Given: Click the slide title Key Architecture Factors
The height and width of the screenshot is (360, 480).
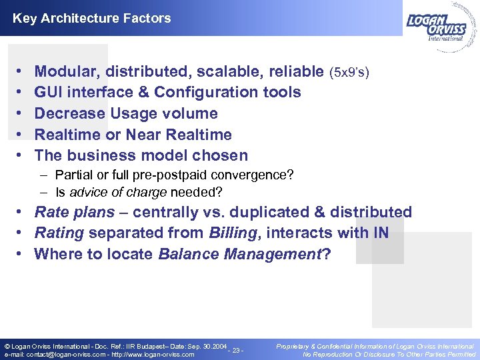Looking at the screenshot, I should pyautogui.click(x=91, y=18).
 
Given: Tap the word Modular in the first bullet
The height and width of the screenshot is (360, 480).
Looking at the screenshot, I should pyautogui.click(x=65, y=71).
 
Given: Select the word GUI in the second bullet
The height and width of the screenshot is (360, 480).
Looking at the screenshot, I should pyautogui.click(x=49, y=92).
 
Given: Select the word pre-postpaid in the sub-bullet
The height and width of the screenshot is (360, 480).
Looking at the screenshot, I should pyautogui.click(x=191, y=175).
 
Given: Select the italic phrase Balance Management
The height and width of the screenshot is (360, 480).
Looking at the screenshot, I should pyautogui.click(x=240, y=254).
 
